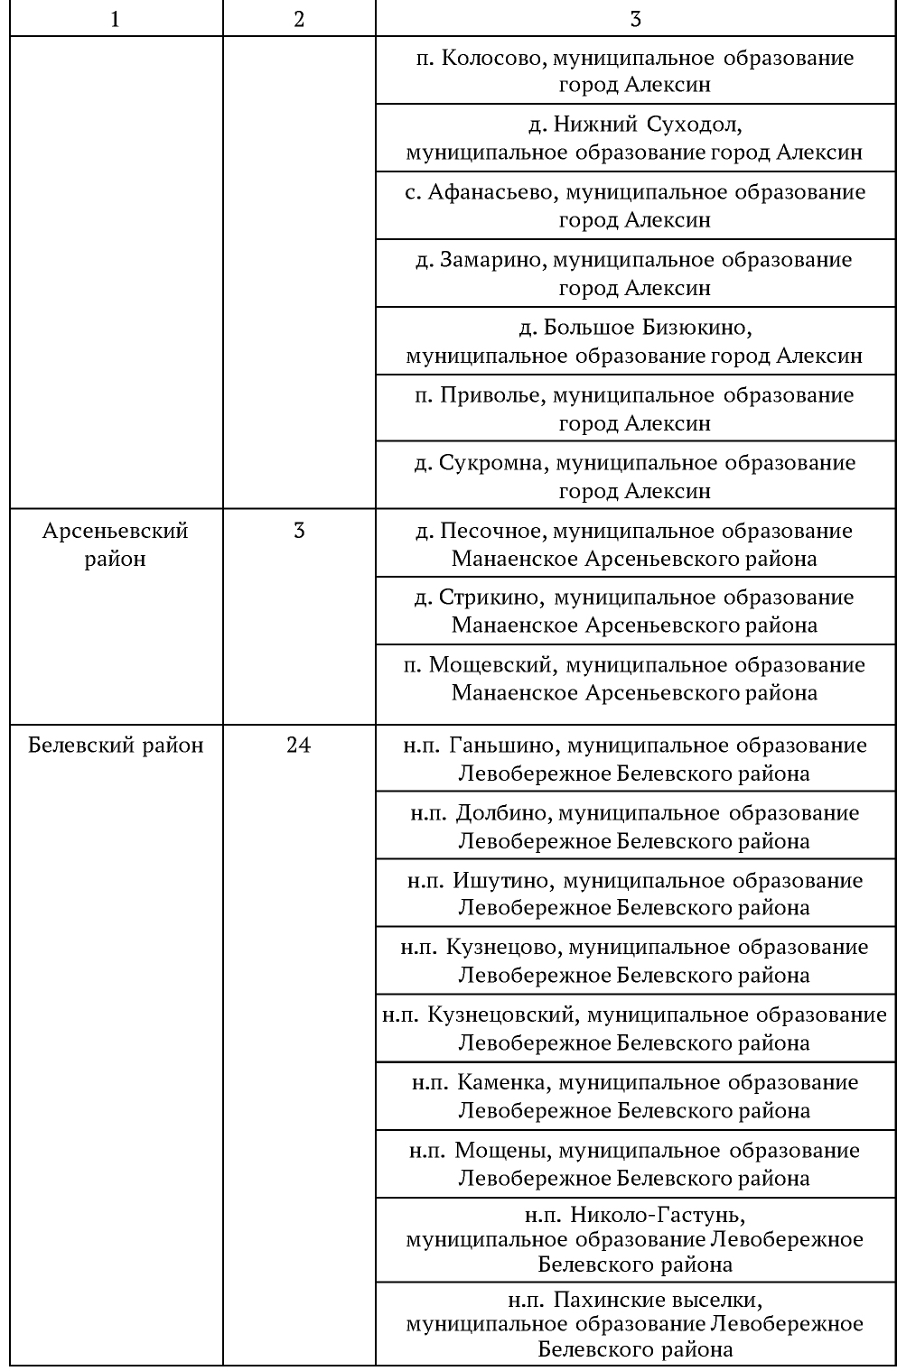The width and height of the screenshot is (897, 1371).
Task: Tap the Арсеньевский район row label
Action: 115,544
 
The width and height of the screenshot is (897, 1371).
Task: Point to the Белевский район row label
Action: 116,746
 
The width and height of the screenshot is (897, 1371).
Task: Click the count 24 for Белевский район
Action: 298,746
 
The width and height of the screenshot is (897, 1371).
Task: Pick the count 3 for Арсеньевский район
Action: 298,531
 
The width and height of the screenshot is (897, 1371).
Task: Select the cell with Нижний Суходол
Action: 635,138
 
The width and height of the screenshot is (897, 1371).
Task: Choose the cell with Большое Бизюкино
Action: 635,341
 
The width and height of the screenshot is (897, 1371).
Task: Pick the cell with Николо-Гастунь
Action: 635,1239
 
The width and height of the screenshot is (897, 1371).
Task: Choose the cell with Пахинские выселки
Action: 635,1324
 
